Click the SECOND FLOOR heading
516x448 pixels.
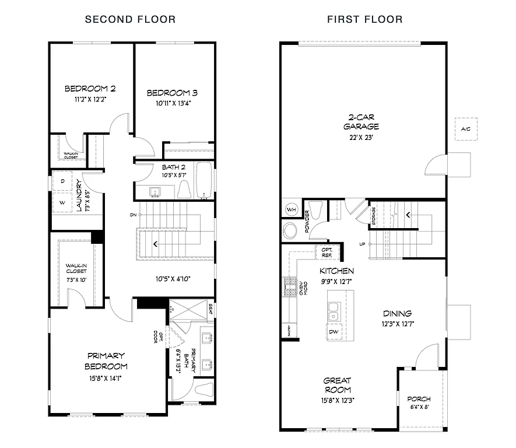[130, 19]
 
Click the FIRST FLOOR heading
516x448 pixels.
[364, 19]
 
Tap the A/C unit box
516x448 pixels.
[465, 128]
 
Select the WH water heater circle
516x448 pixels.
[291, 209]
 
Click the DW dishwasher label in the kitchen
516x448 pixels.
[334, 331]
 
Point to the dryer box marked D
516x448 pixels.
[63, 181]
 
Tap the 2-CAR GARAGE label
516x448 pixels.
[361, 121]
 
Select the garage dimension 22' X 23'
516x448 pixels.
[361, 138]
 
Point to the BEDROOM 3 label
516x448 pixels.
[172, 93]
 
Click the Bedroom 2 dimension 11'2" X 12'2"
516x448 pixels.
[89, 100]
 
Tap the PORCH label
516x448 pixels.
[419, 399]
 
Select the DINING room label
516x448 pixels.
[397, 313]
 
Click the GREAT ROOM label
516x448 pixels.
[338, 385]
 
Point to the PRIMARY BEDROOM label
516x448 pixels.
[107, 360]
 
